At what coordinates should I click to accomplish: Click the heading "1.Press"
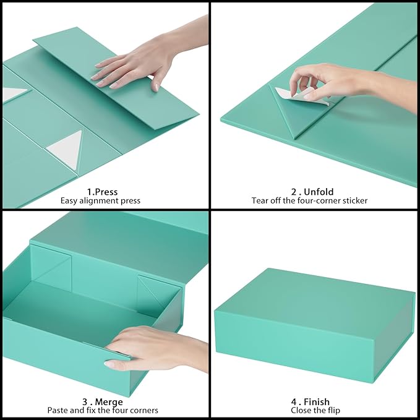pos(102,192)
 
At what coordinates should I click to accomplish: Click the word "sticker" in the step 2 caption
pos(354,200)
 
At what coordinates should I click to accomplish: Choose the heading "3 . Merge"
pos(102,402)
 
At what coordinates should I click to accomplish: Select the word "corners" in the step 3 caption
pos(143,411)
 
